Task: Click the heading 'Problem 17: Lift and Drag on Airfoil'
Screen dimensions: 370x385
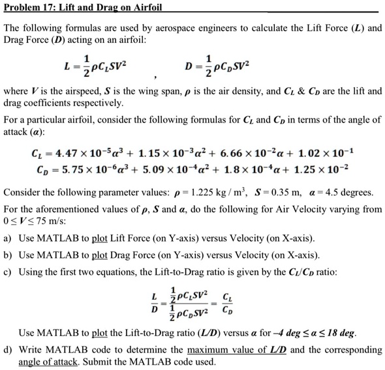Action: pyautogui.click(x=83, y=8)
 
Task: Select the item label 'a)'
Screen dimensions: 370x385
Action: pyautogui.click(x=8, y=238)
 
